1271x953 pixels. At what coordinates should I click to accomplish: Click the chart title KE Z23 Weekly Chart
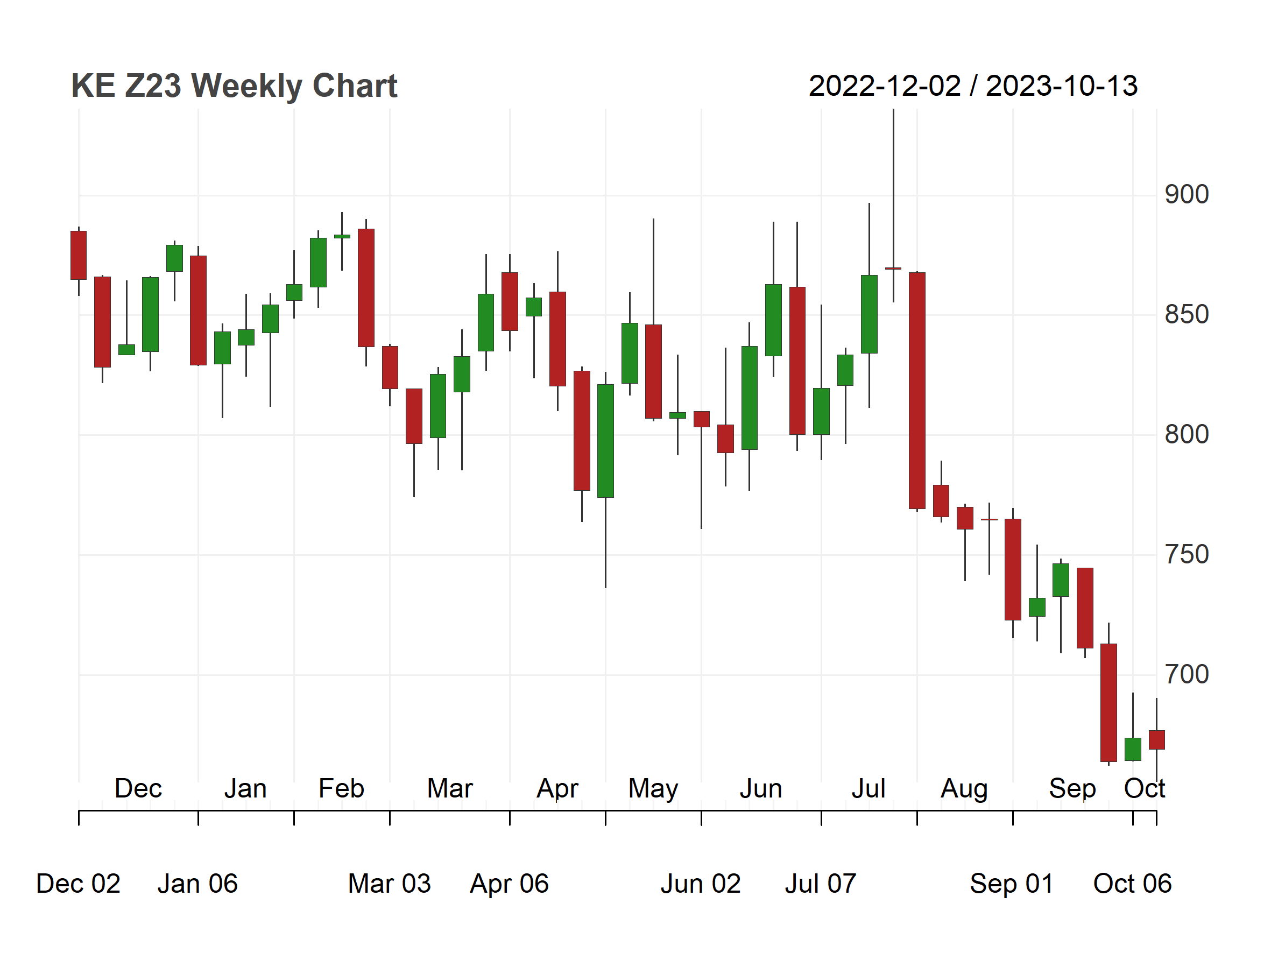(x=234, y=86)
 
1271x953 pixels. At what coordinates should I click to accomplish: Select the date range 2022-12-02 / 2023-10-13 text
(x=973, y=86)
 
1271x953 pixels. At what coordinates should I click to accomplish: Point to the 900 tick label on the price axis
(x=1187, y=195)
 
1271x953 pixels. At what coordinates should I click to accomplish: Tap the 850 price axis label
(x=1187, y=315)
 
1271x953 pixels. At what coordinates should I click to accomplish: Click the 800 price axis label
(x=1187, y=434)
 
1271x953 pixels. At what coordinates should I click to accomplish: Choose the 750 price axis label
(x=1187, y=555)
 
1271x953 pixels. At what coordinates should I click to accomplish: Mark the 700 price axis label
(x=1187, y=674)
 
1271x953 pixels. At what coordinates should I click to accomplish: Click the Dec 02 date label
(x=78, y=884)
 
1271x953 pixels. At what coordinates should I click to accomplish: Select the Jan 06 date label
(x=197, y=884)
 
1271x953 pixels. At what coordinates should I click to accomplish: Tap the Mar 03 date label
(x=390, y=884)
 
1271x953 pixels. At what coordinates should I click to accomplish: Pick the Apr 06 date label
(x=509, y=884)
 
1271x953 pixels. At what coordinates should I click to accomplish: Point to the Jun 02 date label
(x=701, y=884)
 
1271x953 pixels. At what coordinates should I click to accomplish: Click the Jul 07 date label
(x=821, y=884)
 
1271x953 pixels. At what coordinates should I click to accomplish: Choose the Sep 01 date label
(x=1012, y=884)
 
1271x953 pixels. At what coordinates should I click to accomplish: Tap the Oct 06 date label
(x=1133, y=884)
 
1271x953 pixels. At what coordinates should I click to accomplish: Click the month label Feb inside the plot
(x=341, y=788)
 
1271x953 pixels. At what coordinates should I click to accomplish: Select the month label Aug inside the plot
(x=964, y=789)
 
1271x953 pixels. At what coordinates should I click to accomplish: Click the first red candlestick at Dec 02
(x=79, y=255)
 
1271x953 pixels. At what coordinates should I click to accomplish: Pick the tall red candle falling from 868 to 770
(x=917, y=391)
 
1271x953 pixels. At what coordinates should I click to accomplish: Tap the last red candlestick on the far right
(x=1157, y=740)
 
